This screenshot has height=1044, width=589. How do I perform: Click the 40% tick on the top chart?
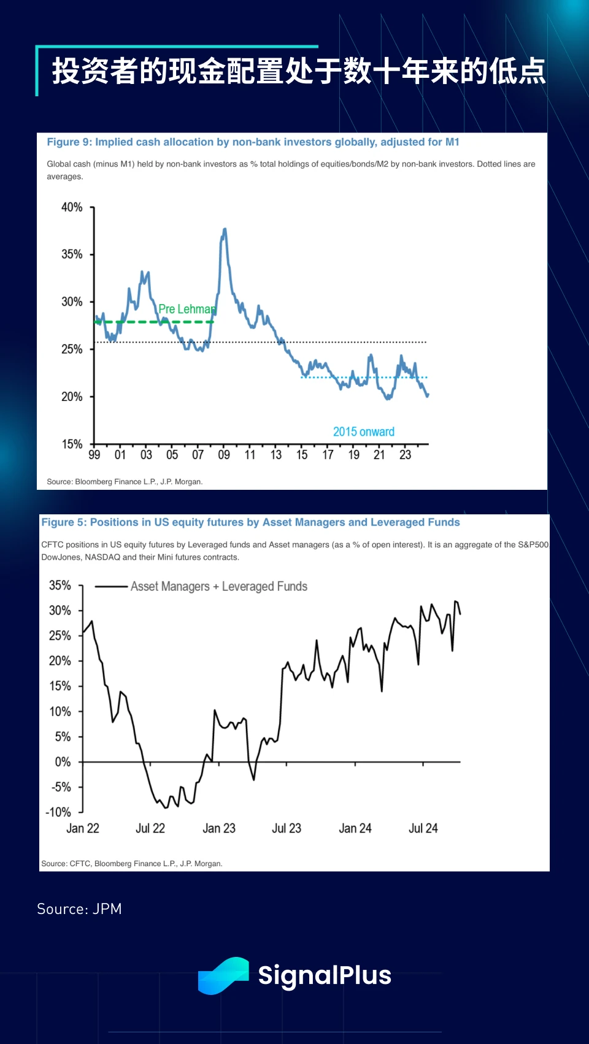click(72, 207)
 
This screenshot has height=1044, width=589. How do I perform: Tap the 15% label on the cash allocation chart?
click(72, 444)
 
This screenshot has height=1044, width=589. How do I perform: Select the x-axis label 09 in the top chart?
click(224, 455)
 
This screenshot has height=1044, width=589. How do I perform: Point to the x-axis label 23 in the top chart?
click(405, 455)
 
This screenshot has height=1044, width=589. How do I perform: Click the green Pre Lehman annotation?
click(187, 309)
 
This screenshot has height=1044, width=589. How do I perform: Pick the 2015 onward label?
click(364, 432)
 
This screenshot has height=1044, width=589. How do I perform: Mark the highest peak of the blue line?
click(225, 229)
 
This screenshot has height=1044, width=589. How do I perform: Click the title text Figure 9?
click(253, 142)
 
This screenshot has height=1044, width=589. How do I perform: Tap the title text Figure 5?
click(250, 522)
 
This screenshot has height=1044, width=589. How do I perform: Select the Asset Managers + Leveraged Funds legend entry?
click(218, 587)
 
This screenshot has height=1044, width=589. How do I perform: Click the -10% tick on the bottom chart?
click(59, 812)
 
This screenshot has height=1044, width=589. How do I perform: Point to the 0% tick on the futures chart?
click(63, 762)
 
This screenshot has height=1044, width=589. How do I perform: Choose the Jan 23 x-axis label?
click(219, 828)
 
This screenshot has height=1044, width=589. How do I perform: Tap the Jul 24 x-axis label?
click(423, 828)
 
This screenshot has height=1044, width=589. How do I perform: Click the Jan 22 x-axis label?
click(83, 828)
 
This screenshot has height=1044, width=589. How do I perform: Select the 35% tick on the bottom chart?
click(60, 585)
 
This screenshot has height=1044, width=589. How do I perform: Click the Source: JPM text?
click(79, 909)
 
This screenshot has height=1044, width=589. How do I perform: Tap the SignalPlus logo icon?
click(223, 975)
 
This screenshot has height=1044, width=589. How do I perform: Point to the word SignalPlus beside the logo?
click(325, 975)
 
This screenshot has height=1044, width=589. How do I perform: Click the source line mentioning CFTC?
click(131, 864)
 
